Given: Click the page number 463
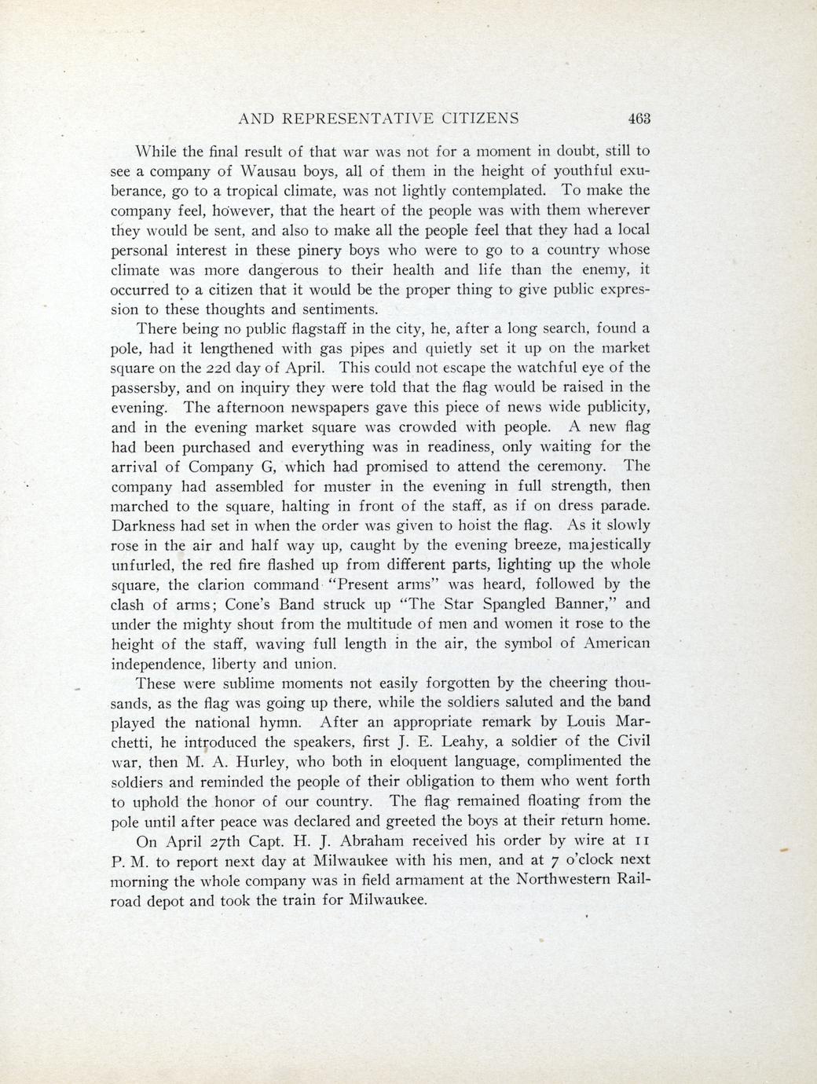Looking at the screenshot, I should point(641,119).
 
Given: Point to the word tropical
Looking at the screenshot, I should point(259,191).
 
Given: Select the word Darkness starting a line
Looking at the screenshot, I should point(145,525).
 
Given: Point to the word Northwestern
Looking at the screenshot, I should point(560,880).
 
